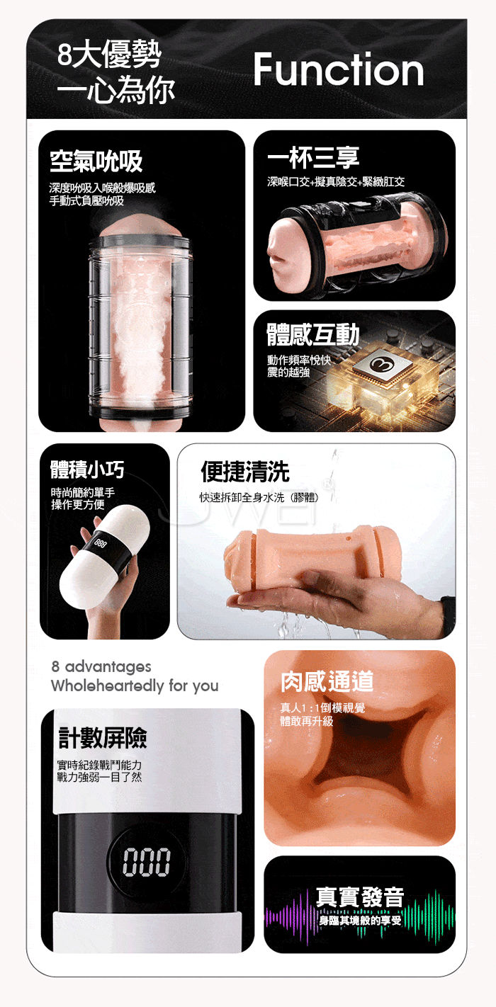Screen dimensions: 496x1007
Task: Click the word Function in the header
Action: (339, 69)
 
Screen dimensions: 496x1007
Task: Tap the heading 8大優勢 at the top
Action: (109, 54)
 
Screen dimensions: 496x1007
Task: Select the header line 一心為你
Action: (116, 89)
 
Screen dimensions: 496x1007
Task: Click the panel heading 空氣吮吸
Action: (96, 161)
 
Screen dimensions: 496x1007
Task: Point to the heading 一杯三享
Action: (313, 158)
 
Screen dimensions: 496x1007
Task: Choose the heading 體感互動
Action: (313, 334)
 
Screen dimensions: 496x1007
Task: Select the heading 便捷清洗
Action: (245, 471)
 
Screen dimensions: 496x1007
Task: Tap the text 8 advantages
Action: (101, 666)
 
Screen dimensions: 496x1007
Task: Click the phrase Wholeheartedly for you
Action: (135, 686)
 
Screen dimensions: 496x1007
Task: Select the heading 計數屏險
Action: (103, 738)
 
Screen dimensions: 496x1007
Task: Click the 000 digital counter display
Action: (147, 862)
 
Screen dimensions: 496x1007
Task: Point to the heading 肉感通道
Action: (327, 681)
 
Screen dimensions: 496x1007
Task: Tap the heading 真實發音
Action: (360, 897)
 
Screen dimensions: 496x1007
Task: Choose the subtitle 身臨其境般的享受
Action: (360, 920)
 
